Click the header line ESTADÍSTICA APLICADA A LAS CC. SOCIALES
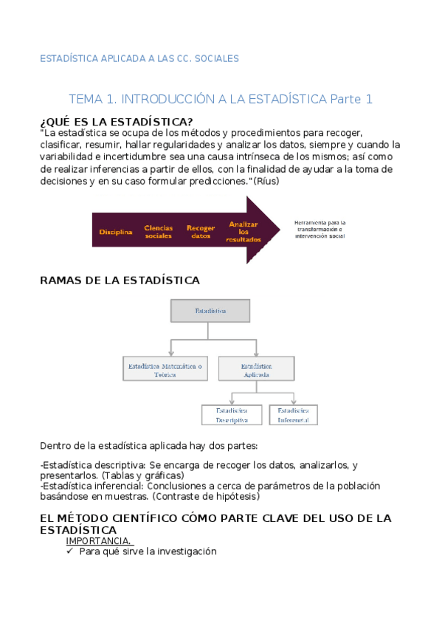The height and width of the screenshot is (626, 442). (x=139, y=59)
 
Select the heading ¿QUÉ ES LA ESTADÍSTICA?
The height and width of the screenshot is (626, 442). (x=117, y=122)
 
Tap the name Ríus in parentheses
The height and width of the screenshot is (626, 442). (x=266, y=182)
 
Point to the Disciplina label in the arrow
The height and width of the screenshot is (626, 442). (x=116, y=232)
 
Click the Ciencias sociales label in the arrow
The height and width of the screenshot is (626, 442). (x=158, y=232)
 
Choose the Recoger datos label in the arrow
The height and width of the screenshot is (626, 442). (x=201, y=232)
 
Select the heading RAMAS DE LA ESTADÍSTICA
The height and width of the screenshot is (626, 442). (x=120, y=281)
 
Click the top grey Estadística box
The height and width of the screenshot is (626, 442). (x=210, y=311)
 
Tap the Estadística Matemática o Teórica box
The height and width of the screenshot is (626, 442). (x=165, y=370)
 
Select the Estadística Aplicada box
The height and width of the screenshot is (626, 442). (x=257, y=370)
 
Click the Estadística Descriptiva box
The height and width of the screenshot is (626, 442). (x=232, y=415)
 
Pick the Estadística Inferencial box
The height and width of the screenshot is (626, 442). (x=293, y=415)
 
